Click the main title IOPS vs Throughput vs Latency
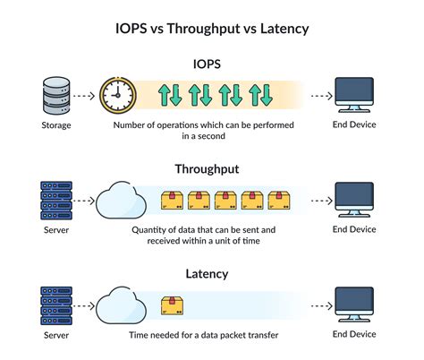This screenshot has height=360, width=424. pyautogui.click(x=211, y=29)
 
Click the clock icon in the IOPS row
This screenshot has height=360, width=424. pyautogui.click(x=117, y=94)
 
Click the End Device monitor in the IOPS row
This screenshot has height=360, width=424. pyautogui.click(x=354, y=94)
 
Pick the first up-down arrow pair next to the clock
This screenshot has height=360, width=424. pyautogui.click(x=169, y=95)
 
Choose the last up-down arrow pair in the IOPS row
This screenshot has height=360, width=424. pyautogui.click(x=260, y=95)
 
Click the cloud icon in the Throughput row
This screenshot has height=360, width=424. pyautogui.click(x=119, y=199)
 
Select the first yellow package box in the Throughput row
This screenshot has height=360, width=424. pyautogui.click(x=171, y=200)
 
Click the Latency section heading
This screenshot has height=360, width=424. pyautogui.click(x=211, y=273)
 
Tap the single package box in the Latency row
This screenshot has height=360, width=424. pyautogui.click(x=171, y=305)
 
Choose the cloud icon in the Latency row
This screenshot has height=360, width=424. pyautogui.click(x=119, y=304)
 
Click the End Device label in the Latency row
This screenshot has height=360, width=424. pyautogui.click(x=354, y=335)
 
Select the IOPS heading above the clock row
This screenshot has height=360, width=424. pyautogui.click(x=211, y=64)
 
